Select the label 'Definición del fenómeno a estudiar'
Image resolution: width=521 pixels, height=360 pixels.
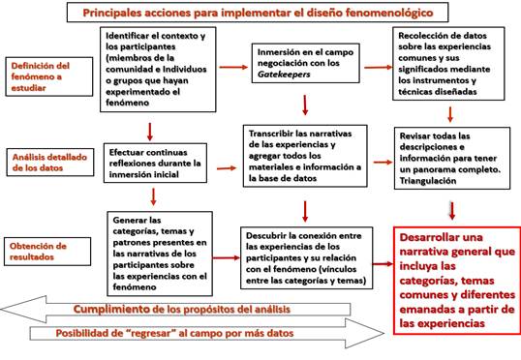click(x=41, y=77)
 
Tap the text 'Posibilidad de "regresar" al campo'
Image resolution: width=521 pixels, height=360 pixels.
click(x=194, y=334)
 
